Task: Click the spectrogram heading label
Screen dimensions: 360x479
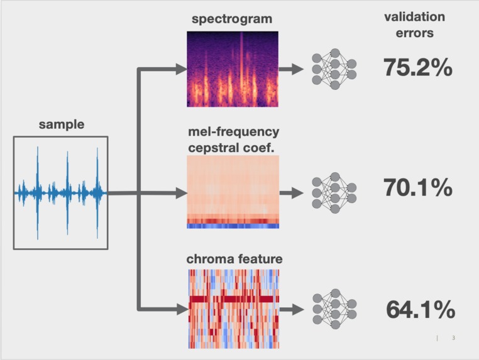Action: [x=232, y=19]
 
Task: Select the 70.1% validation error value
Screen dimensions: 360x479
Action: [x=418, y=187]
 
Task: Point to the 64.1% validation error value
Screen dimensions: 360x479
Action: [x=421, y=310]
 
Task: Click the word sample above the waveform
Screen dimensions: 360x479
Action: [x=61, y=124]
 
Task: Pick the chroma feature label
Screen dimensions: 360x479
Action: [x=234, y=259]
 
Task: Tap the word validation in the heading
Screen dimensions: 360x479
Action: [x=414, y=17]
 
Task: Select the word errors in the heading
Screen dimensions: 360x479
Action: [x=414, y=33]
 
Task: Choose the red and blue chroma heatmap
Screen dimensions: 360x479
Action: [x=233, y=308]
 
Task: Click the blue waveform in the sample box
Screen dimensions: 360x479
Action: [x=61, y=192]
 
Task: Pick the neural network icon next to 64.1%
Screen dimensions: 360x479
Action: [x=334, y=308]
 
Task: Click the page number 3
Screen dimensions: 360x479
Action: [x=453, y=339]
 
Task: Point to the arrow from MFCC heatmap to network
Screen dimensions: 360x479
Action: [x=292, y=191]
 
